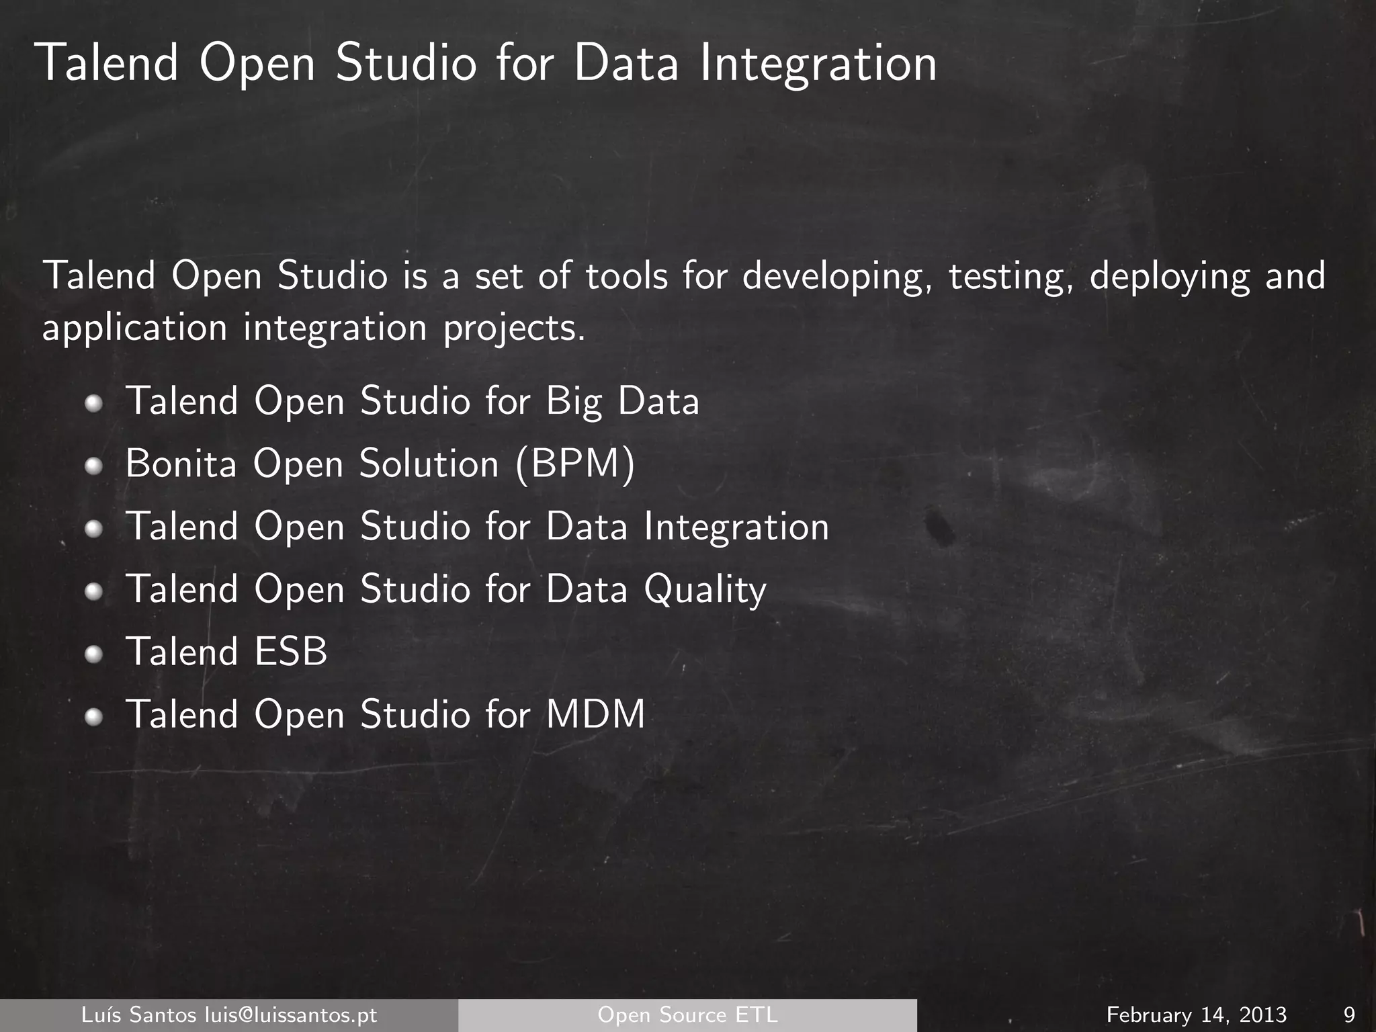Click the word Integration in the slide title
[x=818, y=64]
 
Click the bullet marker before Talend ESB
[x=94, y=653]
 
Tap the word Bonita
[x=181, y=464]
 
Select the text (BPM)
[x=575, y=464]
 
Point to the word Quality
[x=705, y=590]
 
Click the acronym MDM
[x=595, y=714]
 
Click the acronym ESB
[x=291, y=652]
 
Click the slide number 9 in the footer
[x=1348, y=1015]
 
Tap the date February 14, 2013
[x=1197, y=1015]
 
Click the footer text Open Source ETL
[x=687, y=1015]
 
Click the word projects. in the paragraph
[x=514, y=329]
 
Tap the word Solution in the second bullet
[x=429, y=464]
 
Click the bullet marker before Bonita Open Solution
[x=94, y=465]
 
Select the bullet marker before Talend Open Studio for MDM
[x=94, y=716]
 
